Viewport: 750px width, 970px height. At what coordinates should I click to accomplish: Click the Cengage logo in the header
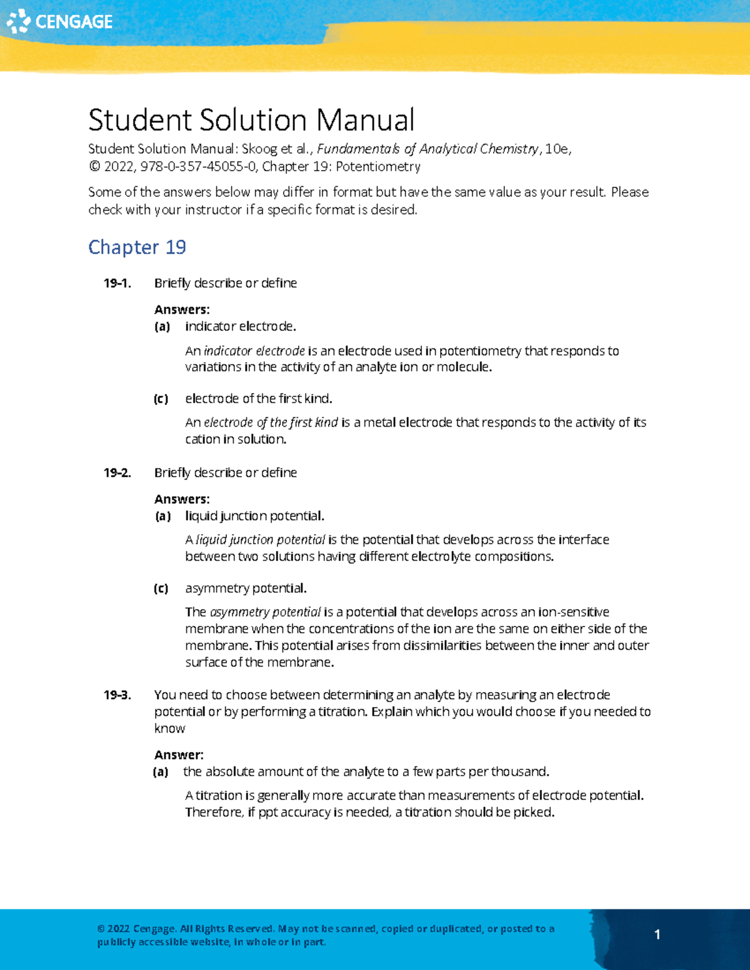click(x=59, y=21)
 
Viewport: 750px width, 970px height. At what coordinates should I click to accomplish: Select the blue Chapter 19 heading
click(x=137, y=247)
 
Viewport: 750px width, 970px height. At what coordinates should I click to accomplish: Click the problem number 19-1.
click(x=117, y=284)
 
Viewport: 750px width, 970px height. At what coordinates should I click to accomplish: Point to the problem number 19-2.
click(x=117, y=473)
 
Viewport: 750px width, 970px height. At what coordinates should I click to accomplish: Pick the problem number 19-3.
click(x=117, y=695)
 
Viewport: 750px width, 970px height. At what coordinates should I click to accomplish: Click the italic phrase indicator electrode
click(x=254, y=351)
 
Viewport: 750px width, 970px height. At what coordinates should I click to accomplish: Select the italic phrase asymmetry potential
click(x=266, y=612)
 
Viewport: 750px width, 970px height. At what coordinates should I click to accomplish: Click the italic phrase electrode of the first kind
click(x=271, y=423)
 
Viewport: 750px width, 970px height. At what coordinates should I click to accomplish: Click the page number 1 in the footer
click(x=657, y=934)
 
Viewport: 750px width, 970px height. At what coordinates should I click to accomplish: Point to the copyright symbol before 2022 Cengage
click(x=101, y=929)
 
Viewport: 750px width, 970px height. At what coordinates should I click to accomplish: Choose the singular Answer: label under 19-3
click(x=179, y=755)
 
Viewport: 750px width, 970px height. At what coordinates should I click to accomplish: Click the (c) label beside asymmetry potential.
click(x=161, y=588)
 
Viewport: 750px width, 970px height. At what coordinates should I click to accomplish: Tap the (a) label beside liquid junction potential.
click(x=162, y=516)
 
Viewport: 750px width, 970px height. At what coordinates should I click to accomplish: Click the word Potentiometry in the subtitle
click(x=378, y=167)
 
